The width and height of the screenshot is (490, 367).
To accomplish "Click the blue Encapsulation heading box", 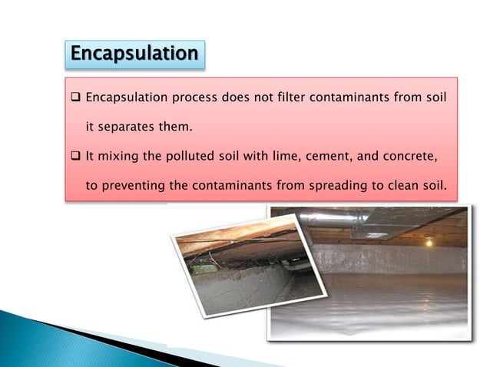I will [x=134, y=54].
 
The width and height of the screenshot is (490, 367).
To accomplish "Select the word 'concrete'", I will [x=408, y=157].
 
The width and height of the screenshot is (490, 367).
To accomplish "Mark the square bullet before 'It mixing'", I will [x=75, y=157].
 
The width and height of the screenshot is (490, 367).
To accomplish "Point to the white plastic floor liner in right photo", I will [x=369, y=303].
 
